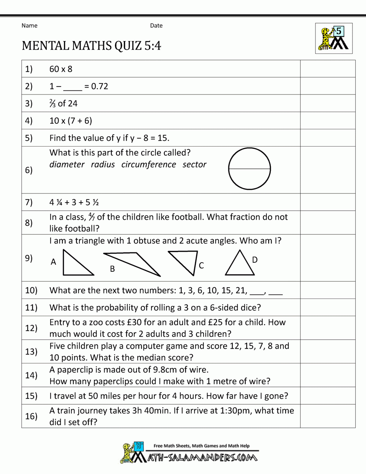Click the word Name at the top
click(29, 26)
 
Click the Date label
click(156, 26)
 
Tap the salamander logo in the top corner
click(334, 38)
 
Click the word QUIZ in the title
click(128, 46)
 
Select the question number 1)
click(29, 69)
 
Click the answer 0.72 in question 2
click(100, 86)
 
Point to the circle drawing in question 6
click(249, 169)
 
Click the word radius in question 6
click(103, 164)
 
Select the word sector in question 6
click(194, 164)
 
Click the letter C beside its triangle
click(201, 266)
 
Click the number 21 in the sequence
click(240, 290)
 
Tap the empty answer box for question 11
click(328, 307)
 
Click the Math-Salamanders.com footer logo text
click(202, 458)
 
